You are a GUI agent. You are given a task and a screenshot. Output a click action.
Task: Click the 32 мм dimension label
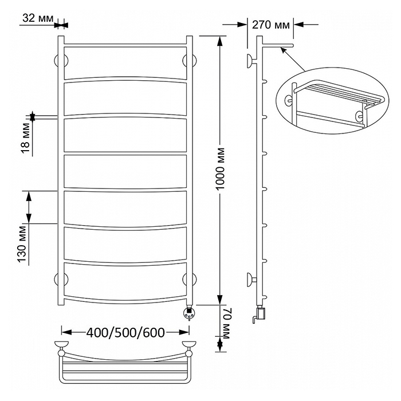pos(38,18)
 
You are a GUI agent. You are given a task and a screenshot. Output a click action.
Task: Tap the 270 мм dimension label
pos(271,25)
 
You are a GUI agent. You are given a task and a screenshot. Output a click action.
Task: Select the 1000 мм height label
pos(220,169)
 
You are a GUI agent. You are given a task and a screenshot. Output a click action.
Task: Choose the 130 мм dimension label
pos(22,244)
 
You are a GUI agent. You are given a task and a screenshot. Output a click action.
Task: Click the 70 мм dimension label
pos(226,323)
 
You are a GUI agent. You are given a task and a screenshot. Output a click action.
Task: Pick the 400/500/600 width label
pos(125,333)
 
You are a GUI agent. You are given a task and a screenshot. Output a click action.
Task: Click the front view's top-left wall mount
pos(61,61)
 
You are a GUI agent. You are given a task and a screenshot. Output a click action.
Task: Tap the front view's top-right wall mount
pos(190,61)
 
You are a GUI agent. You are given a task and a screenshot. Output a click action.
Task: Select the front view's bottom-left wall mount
pos(61,279)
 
